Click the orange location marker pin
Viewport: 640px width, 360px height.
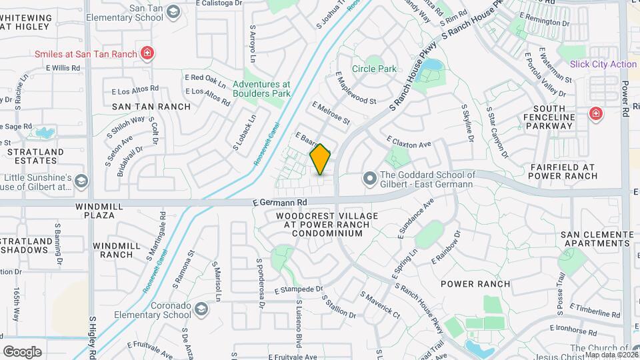321,159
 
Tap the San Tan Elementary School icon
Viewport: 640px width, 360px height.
173,12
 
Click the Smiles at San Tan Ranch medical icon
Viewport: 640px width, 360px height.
147,53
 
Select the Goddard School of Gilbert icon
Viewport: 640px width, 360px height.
369,179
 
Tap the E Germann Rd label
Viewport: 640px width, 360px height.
279,201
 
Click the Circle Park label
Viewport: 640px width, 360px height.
374,69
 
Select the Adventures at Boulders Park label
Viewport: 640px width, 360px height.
261,89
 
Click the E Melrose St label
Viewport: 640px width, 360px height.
331,114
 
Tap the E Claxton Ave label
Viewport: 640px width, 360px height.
409,142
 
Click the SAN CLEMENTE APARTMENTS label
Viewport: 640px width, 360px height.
597,239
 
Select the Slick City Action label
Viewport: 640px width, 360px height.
603,64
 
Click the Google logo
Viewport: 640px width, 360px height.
22,351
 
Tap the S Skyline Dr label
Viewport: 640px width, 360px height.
467,123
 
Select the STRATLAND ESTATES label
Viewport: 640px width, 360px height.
32,156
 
